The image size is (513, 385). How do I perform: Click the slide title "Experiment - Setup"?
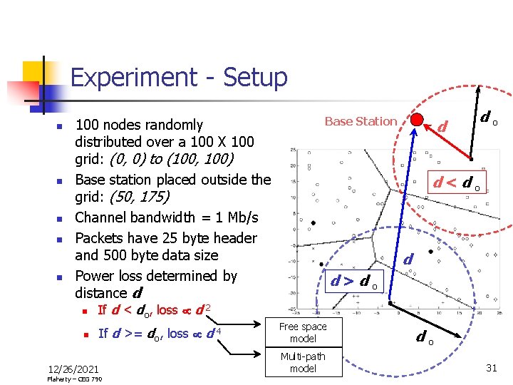click(x=179, y=77)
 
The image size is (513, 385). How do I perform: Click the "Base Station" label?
click(x=361, y=121)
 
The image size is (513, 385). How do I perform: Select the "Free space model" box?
click(x=303, y=332)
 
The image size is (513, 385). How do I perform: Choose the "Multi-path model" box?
click(x=303, y=362)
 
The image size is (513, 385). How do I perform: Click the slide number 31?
click(x=491, y=367)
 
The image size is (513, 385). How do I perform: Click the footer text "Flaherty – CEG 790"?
click(x=74, y=379)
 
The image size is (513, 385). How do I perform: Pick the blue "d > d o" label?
click(x=356, y=280)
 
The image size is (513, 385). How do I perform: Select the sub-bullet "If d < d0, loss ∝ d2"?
click(x=154, y=309)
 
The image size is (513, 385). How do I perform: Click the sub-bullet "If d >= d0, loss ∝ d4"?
click(x=157, y=333)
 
